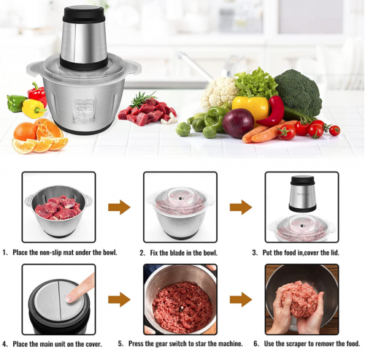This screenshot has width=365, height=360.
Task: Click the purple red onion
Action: pyautogui.click(x=238, y=123)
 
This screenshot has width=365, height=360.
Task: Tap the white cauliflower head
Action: pyautogui.click(x=219, y=93)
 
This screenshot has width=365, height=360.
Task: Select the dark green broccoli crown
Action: pyautogui.click(x=299, y=92)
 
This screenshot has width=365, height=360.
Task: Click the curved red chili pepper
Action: pyautogui.click(x=272, y=112)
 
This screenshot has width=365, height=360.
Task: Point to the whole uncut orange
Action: pyautogui.click(x=25, y=131)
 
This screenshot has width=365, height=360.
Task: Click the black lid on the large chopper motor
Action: pyautogui.click(x=84, y=13)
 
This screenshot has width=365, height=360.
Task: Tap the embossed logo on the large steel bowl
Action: pyautogui.click(x=84, y=110)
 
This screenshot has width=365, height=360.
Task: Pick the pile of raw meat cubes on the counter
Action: pyautogui.click(x=147, y=112)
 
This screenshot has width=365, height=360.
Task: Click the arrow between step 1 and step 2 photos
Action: pyautogui.click(x=119, y=207)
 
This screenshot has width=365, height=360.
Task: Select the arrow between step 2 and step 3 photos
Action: pyautogui.click(x=241, y=207)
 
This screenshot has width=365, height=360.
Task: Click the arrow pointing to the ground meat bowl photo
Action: pyautogui.click(x=119, y=299)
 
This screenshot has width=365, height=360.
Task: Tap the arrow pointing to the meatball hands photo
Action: pyautogui.click(x=241, y=299)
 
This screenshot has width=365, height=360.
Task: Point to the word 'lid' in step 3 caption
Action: pyautogui.click(x=335, y=253)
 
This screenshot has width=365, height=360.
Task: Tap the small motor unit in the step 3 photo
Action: pyautogui.click(x=302, y=194)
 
